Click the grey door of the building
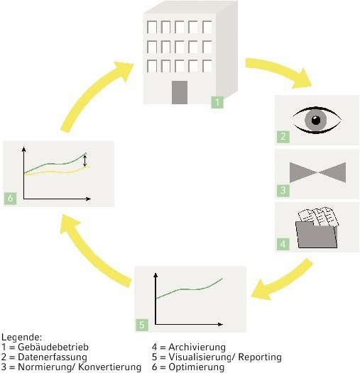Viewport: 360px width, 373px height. (x=180, y=92)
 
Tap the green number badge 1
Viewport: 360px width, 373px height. (x=217, y=102)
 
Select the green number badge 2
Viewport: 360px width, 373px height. (x=283, y=137)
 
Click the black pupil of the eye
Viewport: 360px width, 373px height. (x=316, y=120)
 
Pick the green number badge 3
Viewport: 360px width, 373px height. (x=283, y=190)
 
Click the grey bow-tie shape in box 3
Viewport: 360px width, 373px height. (x=317, y=172)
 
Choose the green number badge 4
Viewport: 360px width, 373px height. (x=283, y=244)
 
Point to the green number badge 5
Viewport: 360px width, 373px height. (x=142, y=325)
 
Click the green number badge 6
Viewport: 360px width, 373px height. (x=10, y=198)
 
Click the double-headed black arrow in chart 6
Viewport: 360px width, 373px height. (x=84, y=161)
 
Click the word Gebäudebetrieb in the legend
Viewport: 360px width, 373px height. (x=53, y=347)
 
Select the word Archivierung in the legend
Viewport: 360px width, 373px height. (x=197, y=347)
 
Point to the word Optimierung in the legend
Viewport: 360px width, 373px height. (x=197, y=367)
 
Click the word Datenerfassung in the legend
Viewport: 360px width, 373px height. (x=53, y=357)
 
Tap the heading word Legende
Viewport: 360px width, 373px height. (x=22, y=338)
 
